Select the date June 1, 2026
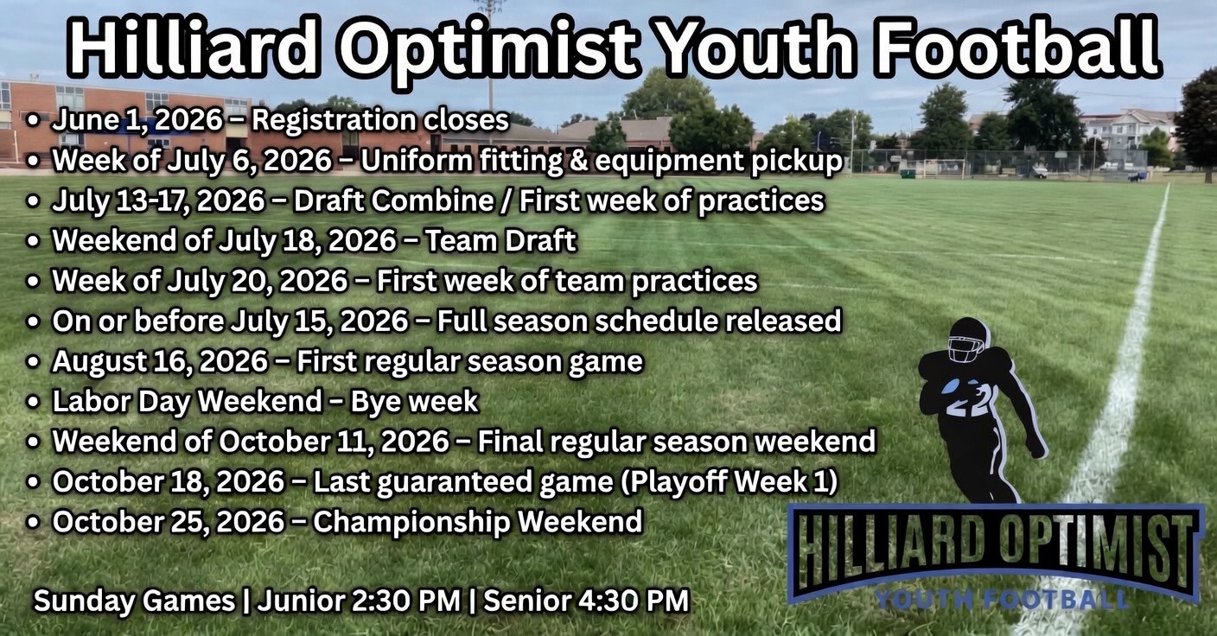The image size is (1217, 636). point(137,120)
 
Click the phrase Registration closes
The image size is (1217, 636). point(380,120)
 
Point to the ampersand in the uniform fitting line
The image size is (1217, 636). point(577,160)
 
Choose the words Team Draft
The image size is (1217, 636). point(500,240)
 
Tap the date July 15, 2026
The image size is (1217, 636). point(319,321)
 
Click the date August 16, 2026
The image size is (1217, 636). point(160,361)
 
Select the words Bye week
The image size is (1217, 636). point(415,401)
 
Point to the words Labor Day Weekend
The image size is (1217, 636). point(188,401)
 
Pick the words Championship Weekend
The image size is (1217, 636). point(478,522)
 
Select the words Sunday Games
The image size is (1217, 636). point(134,601)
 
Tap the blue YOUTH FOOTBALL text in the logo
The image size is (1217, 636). point(1001,600)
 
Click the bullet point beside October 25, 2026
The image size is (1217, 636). point(34,523)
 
